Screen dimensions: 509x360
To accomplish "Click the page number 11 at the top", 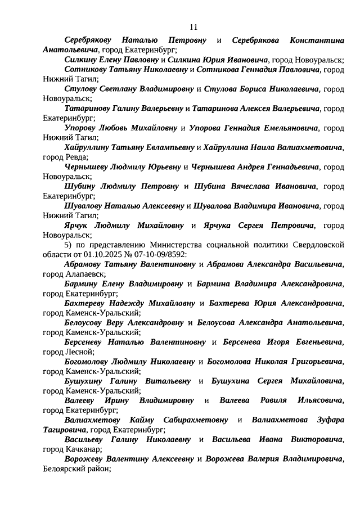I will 193,27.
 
